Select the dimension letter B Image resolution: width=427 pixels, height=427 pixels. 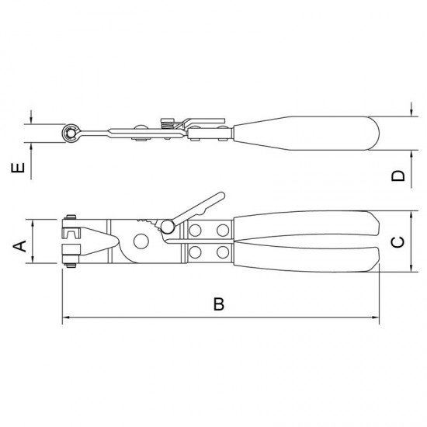(220, 305)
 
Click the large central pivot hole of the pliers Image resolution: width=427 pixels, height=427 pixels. (141, 240)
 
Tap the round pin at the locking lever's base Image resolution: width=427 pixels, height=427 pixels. (168, 227)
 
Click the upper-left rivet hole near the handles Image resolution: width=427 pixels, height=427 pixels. (194, 230)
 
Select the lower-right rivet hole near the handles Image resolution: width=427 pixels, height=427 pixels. (223, 252)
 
